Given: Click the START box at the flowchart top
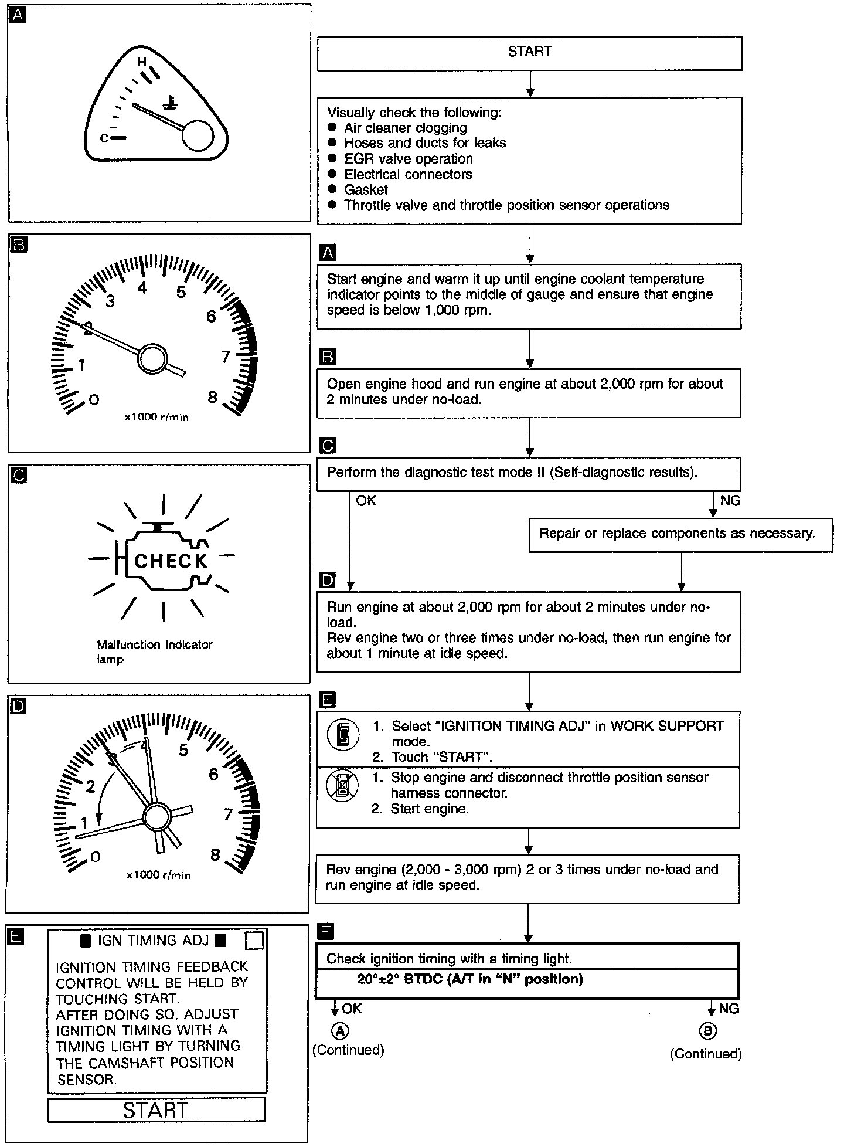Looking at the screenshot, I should [x=529, y=52].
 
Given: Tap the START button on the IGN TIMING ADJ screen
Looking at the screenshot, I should [x=156, y=1110].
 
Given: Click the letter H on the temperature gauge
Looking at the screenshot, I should [x=141, y=62].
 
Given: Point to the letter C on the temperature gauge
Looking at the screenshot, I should [x=104, y=138].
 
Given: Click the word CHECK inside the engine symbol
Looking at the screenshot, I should [x=171, y=561].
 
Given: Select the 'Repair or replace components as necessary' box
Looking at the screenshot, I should [x=677, y=534].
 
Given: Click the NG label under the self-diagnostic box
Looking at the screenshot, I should [x=730, y=501].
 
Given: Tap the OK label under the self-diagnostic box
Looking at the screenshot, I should [x=366, y=501].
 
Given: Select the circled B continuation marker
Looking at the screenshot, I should [x=707, y=1031].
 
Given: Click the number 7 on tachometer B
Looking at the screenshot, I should [x=225, y=357].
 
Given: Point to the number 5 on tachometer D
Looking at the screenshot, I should [x=183, y=751].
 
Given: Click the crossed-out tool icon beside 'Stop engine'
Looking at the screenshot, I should [x=343, y=786].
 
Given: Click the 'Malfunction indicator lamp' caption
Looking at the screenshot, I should [x=155, y=651].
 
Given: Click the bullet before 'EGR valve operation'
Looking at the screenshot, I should [x=332, y=158].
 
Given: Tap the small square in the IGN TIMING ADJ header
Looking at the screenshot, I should [x=254, y=940].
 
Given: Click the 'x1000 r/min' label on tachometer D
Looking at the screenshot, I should [x=158, y=875].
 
